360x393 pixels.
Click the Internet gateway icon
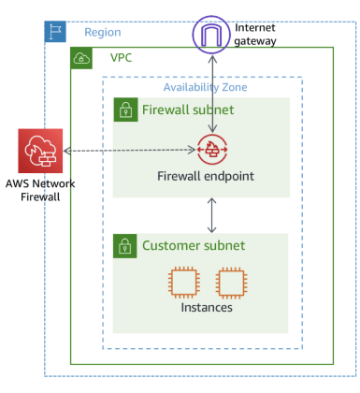pos(214,34)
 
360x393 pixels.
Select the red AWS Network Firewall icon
pos(40,151)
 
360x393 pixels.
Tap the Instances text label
pos(207,307)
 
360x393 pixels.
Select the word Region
pos(103,32)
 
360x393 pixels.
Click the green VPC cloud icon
pos(82,58)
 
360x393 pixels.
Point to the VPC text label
pos(122,58)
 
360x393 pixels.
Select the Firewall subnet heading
pos(187,109)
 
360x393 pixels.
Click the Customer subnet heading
pos(193,246)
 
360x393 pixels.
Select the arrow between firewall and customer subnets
pos(214,215)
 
